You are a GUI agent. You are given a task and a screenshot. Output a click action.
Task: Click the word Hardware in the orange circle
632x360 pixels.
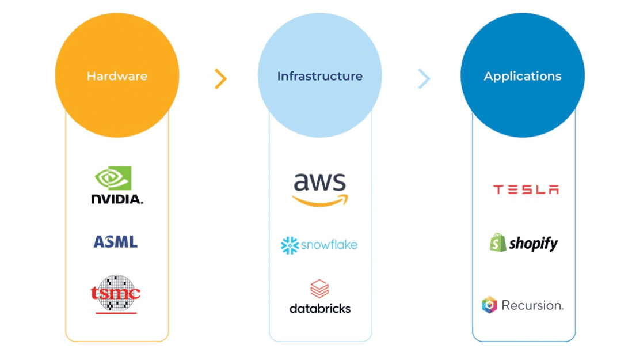pyautogui.click(x=117, y=76)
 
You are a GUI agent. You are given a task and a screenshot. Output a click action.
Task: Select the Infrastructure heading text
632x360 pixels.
pyautogui.click(x=319, y=76)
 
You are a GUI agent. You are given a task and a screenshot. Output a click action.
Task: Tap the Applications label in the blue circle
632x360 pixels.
pyautogui.click(x=522, y=76)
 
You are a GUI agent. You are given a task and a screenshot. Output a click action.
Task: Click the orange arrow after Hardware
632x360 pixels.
pyautogui.click(x=220, y=79)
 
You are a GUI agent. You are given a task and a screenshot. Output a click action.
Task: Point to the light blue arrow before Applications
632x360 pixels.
pyautogui.click(x=424, y=79)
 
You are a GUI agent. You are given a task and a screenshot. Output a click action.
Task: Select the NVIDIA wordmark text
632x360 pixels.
pyautogui.click(x=117, y=199)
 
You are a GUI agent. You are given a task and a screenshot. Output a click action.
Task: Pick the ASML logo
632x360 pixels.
pyautogui.click(x=116, y=241)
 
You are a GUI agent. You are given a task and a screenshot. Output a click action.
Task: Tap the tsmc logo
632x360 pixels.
pyautogui.click(x=116, y=293)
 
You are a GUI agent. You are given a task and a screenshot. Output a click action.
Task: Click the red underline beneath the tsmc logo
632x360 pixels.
pyautogui.click(x=116, y=313)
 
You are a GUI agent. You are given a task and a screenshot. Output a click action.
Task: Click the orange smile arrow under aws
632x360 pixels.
pyautogui.click(x=320, y=200)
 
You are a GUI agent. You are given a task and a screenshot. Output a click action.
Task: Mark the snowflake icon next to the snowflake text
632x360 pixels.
pyautogui.click(x=290, y=245)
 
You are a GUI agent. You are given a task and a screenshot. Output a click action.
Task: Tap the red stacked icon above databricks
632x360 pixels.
pyautogui.click(x=319, y=289)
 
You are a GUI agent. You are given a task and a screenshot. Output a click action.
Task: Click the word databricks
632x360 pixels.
pyautogui.click(x=319, y=309)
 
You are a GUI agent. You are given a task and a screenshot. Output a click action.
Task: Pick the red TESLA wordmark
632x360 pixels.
pyautogui.click(x=526, y=190)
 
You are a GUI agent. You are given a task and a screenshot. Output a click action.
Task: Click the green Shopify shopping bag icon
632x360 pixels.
pyautogui.click(x=497, y=242)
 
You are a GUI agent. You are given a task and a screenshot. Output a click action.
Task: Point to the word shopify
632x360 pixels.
pyautogui.click(x=533, y=244)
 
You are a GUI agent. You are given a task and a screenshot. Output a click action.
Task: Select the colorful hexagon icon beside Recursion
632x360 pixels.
pyautogui.click(x=489, y=305)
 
